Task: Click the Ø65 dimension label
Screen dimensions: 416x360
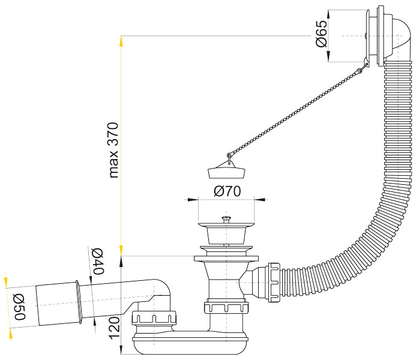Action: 321,34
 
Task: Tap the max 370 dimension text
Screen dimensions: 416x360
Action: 113,150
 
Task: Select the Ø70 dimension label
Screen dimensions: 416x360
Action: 228,191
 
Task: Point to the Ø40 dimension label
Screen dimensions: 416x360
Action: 98,262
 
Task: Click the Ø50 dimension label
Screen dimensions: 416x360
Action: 19,307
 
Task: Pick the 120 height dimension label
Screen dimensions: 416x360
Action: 114,328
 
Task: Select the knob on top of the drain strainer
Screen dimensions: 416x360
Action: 226,219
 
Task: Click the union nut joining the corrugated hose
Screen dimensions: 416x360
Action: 274,283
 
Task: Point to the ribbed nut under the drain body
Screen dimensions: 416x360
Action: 226,307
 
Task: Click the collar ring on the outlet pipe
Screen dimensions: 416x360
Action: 78,302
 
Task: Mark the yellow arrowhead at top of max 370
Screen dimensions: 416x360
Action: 121,41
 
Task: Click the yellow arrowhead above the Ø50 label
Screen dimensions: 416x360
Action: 6,283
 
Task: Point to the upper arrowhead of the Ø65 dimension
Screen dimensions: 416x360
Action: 328,16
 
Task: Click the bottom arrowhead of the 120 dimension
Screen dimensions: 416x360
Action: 121,349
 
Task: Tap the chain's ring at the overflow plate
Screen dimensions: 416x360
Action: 360,70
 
